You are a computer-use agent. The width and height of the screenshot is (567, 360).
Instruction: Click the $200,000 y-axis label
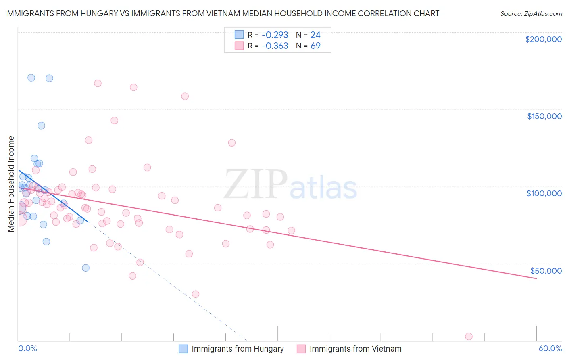pyautogui.click(x=543, y=39)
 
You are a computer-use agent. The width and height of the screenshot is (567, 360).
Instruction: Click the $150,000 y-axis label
pyautogui.click(x=544, y=116)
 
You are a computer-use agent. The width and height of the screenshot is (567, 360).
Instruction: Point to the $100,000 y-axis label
pyautogui.click(x=544, y=193)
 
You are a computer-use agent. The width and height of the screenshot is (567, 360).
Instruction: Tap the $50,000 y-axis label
pyautogui.click(x=546, y=271)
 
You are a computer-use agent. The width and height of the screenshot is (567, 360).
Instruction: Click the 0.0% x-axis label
pyautogui.click(x=27, y=348)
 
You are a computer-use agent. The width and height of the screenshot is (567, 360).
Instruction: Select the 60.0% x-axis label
pyautogui.click(x=550, y=348)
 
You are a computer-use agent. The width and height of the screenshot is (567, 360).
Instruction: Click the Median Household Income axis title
pyautogui.click(x=11, y=184)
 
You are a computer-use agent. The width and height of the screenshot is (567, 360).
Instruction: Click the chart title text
pyautogui.click(x=222, y=13)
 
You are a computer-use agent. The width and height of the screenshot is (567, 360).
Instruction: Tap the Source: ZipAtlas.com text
pyautogui.click(x=531, y=13)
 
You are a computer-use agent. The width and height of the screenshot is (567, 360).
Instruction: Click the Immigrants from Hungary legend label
pyautogui.click(x=238, y=349)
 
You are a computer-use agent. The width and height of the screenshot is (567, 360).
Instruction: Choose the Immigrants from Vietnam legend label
pyautogui.click(x=355, y=349)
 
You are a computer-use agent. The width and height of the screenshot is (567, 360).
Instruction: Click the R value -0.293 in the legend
pyautogui.click(x=275, y=35)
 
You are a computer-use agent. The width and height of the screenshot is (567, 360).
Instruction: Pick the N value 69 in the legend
pyautogui.click(x=315, y=46)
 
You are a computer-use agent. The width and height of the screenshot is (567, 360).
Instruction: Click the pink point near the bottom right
pyautogui.click(x=469, y=337)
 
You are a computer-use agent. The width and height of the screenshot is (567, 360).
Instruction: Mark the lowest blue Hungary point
pyautogui.click(x=85, y=268)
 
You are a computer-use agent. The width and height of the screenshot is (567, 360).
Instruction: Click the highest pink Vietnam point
pyautogui.click(x=98, y=83)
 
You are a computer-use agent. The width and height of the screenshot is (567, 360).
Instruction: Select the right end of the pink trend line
pyautogui.click(x=536, y=278)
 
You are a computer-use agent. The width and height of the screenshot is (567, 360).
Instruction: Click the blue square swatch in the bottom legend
pyautogui.click(x=183, y=349)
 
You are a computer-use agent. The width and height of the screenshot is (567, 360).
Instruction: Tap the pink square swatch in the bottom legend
pyautogui.click(x=301, y=349)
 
